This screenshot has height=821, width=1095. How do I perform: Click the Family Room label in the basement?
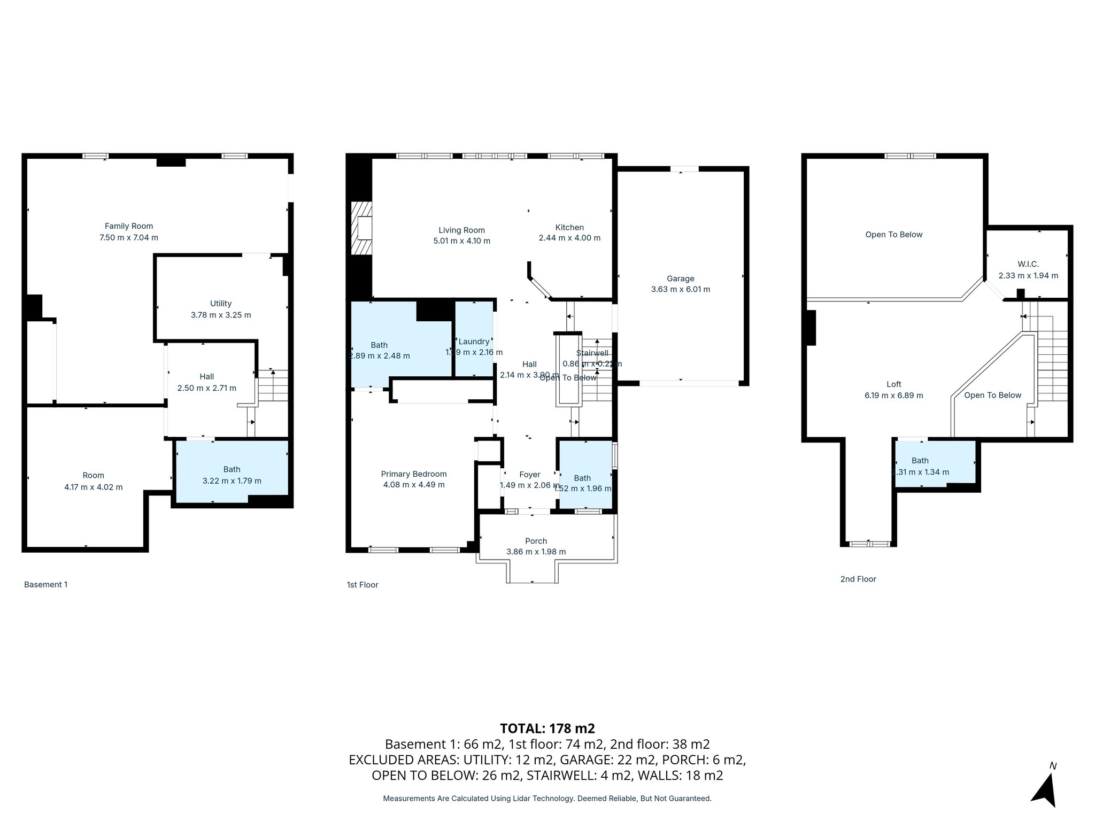(128, 226)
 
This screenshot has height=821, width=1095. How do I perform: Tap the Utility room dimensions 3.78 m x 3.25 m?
(220, 315)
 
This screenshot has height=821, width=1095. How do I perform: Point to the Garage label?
(680, 278)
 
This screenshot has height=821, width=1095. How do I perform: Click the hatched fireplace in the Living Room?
(362, 229)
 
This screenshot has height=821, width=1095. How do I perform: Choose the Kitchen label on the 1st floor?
(569, 227)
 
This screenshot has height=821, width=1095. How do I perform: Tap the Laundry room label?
(474, 342)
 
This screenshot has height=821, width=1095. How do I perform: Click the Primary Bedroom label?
(413, 474)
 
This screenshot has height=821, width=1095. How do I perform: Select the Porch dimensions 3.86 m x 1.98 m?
(536, 552)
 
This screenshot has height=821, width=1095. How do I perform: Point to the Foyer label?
(529, 474)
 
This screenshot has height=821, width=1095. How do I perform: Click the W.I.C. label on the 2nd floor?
(1028, 264)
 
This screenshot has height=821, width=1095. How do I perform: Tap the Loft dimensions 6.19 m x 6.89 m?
(893, 396)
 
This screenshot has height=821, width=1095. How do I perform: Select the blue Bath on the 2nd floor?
(935, 464)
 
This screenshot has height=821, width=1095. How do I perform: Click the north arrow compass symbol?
(1045, 788)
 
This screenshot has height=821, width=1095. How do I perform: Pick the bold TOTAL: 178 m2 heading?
(547, 728)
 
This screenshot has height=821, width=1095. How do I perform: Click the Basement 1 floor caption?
(46, 584)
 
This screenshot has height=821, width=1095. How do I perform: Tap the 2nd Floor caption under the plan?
(858, 579)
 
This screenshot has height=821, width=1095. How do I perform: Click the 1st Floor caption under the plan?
(362, 585)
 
